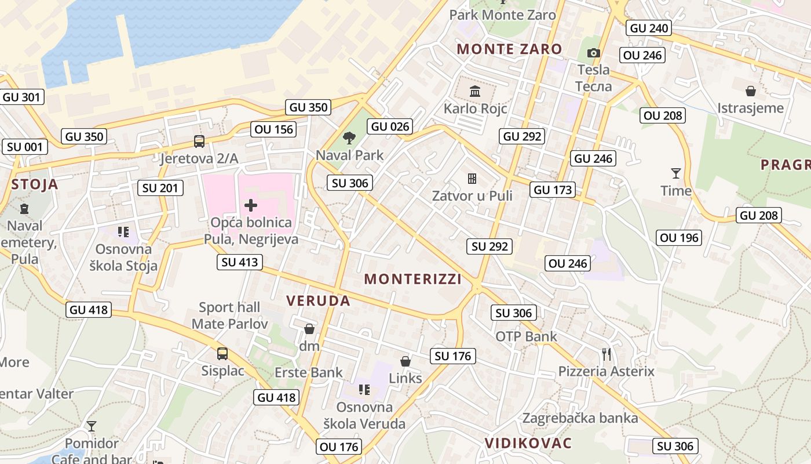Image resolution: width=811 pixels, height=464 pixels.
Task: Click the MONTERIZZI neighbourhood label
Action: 413,280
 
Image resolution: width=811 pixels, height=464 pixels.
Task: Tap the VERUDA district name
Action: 318,300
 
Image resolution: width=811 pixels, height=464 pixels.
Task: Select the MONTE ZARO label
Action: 510,49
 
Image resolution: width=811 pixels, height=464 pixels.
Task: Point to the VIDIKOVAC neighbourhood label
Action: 528,444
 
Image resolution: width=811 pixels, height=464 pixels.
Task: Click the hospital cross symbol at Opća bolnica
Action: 251,205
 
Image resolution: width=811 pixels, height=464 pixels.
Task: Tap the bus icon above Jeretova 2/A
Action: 199,141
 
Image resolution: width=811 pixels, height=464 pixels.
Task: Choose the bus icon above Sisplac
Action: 222,354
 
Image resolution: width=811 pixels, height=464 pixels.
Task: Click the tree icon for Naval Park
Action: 349,138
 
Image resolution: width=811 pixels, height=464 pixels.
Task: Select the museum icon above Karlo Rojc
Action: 475,91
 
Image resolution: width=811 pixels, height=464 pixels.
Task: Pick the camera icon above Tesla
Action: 593,53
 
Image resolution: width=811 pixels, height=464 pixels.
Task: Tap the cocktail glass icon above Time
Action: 675,173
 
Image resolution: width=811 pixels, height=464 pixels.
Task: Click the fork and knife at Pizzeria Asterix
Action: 607,354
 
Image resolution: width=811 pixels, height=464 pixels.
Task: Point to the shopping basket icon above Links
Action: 405,361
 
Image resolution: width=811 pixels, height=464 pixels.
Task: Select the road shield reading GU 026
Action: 390,126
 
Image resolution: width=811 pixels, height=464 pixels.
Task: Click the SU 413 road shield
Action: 240,262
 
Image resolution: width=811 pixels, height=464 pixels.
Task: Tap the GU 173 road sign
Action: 553,190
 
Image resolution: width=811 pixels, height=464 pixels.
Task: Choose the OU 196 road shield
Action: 680,237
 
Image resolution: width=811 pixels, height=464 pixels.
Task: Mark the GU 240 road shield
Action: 649,28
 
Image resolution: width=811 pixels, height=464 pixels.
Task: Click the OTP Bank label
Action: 526,336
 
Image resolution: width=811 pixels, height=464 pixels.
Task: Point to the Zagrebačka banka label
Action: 580,418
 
